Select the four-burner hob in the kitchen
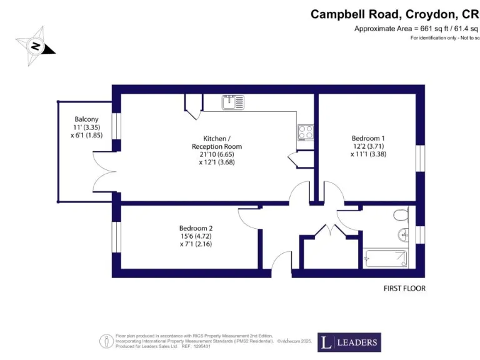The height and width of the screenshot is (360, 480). pyautogui.click(x=305, y=132)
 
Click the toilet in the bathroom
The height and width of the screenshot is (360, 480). pyautogui.click(x=402, y=215)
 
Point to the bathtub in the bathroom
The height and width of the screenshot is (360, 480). pyautogui.click(x=386, y=258)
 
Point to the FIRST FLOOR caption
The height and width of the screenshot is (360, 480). pyautogui.click(x=404, y=289)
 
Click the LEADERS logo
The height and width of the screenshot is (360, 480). pyautogui.click(x=349, y=342)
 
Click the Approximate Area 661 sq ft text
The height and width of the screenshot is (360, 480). pyautogui.click(x=416, y=29)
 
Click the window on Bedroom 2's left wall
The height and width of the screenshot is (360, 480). pyautogui.click(x=116, y=237)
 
